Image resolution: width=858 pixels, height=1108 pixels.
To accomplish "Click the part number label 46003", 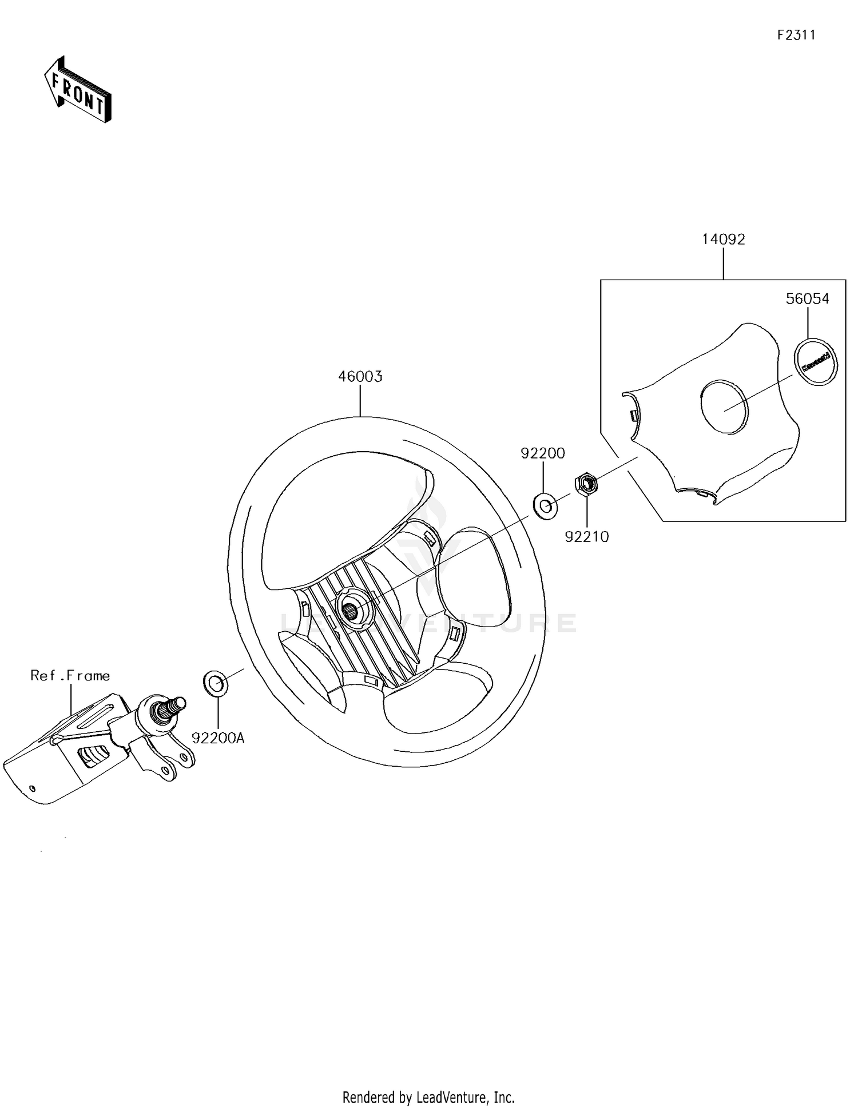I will pos(360,377).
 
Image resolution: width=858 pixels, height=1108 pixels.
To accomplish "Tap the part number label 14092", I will pos(723,240).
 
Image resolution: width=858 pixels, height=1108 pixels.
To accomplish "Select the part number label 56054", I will pos(807,298).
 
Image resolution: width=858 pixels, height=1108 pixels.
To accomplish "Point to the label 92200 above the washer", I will pos(542,453).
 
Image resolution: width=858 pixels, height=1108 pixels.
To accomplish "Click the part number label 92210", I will pos(587,537).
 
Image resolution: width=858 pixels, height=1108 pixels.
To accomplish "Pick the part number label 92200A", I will pos(218,738).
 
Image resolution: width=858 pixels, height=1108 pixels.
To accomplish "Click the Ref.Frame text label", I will pos(70,676).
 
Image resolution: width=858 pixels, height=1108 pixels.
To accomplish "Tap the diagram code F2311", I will pos(796,35).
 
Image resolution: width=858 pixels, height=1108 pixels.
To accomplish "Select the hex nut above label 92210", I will pos(586,484).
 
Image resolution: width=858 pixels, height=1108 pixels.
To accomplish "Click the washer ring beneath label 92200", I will pos(545,507).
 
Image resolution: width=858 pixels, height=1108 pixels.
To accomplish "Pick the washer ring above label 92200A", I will pos(216,683).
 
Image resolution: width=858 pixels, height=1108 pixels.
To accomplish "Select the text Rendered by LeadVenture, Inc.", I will pos(428,1097).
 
